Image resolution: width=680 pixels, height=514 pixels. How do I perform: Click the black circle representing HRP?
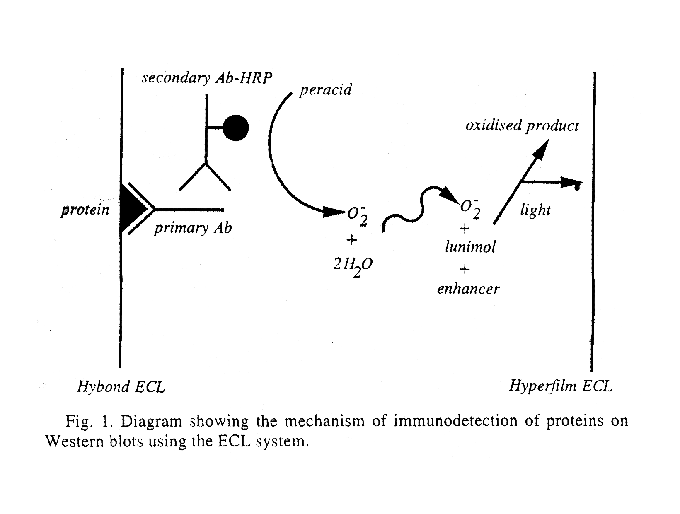pyautogui.click(x=236, y=128)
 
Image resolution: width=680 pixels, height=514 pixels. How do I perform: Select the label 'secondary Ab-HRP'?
pyautogui.click(x=207, y=78)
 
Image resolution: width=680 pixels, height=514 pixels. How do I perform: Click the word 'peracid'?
pyautogui.click(x=325, y=90)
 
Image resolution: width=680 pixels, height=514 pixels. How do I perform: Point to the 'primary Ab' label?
pyautogui.click(x=193, y=229)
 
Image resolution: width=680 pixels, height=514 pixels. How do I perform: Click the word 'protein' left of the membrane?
pyautogui.click(x=85, y=210)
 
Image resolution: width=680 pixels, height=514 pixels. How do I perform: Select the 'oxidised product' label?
pyautogui.click(x=522, y=126)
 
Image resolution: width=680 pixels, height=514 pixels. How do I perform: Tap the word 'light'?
pyautogui.click(x=535, y=210)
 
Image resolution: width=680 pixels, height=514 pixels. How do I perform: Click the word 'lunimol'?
pyautogui.click(x=470, y=247)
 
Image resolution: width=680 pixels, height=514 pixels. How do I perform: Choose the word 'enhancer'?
pyautogui.click(x=468, y=289)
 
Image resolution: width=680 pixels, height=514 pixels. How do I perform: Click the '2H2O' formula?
pyautogui.click(x=353, y=265)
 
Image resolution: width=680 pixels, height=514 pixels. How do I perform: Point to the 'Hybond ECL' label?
pyautogui.click(x=121, y=387)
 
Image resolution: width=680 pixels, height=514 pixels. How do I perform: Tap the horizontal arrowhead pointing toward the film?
pyautogui.click(x=571, y=183)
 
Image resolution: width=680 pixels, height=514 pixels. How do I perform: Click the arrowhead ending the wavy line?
pyautogui.click(x=450, y=195)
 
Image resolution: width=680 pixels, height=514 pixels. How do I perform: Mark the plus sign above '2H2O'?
pyautogui.click(x=352, y=240)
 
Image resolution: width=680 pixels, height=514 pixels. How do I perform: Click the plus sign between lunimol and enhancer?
pyautogui.click(x=465, y=269)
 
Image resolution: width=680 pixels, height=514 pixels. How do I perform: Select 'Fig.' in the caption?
pyautogui.click(x=79, y=421)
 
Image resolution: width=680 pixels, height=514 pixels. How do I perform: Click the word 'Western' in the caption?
pyautogui.click(x=74, y=441)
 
